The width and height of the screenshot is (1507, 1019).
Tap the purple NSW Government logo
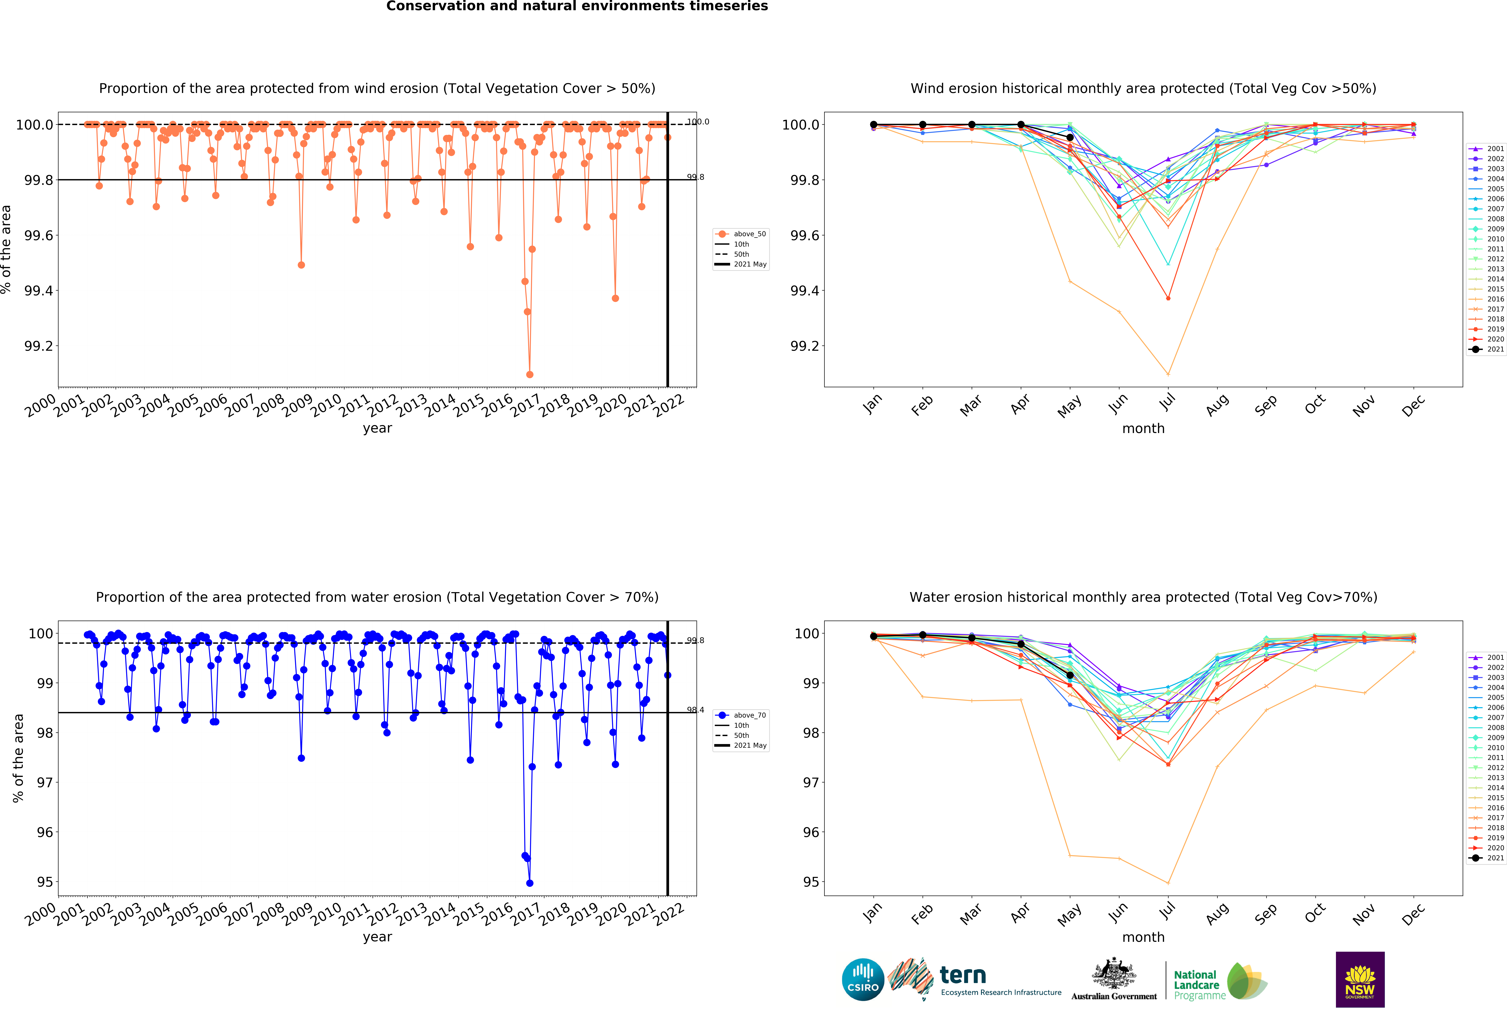pos(1360,979)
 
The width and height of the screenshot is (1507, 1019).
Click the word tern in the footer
pos(963,975)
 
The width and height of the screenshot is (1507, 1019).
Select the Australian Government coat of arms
pos(1113,973)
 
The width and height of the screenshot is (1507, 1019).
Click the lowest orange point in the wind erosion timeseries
pos(530,374)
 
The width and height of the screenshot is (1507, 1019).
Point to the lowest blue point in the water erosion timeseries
pos(530,883)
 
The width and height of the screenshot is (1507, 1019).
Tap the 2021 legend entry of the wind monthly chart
pos(1486,349)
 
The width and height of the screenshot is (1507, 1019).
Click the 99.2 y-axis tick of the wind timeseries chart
pos(38,346)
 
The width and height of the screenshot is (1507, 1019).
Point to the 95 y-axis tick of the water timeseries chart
pos(45,882)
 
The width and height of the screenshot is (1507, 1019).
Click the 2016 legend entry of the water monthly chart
pos(1486,808)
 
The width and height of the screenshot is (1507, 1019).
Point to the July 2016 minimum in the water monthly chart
pos(1168,883)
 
